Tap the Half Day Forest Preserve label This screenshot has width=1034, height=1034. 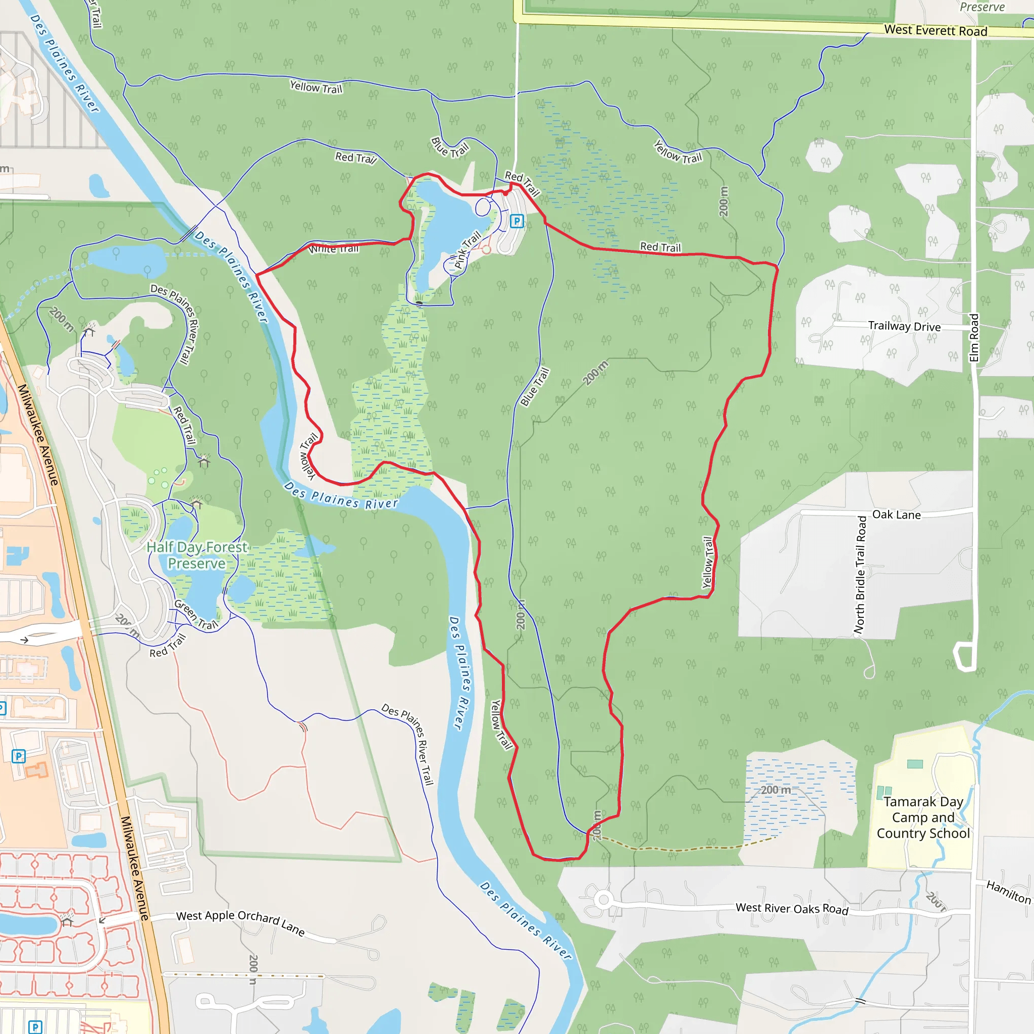pyautogui.click(x=197, y=555)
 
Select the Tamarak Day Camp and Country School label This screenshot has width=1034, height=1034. pyautogui.click(x=923, y=817)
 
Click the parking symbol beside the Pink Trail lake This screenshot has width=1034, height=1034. pyautogui.click(x=516, y=221)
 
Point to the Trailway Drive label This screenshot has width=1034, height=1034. pyautogui.click(x=904, y=326)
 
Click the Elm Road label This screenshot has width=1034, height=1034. pyautogui.click(x=974, y=338)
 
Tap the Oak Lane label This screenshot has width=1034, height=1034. pyautogui.click(x=897, y=515)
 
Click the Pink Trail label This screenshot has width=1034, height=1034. pyautogui.click(x=467, y=249)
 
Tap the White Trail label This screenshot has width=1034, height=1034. pyautogui.click(x=334, y=249)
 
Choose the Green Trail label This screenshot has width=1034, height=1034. pyautogui.click(x=196, y=614)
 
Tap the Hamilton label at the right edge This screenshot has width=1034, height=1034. pyautogui.click(x=1008, y=892)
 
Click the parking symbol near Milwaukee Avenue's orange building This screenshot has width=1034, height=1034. pyautogui.click(x=19, y=756)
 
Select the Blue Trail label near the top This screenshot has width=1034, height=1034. pyautogui.click(x=449, y=148)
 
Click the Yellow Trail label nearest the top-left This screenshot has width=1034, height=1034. pyautogui.click(x=316, y=87)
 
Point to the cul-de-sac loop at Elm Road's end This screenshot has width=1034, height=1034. pyautogui.click(x=964, y=656)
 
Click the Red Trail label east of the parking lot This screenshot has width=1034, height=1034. pyautogui.click(x=660, y=247)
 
